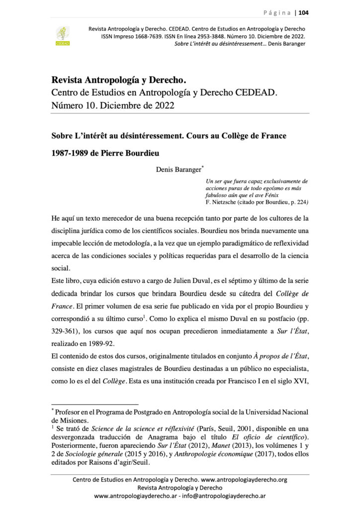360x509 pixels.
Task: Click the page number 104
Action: point(303,13)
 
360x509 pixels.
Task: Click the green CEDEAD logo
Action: point(63,36)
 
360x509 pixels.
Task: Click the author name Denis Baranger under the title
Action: point(175,170)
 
